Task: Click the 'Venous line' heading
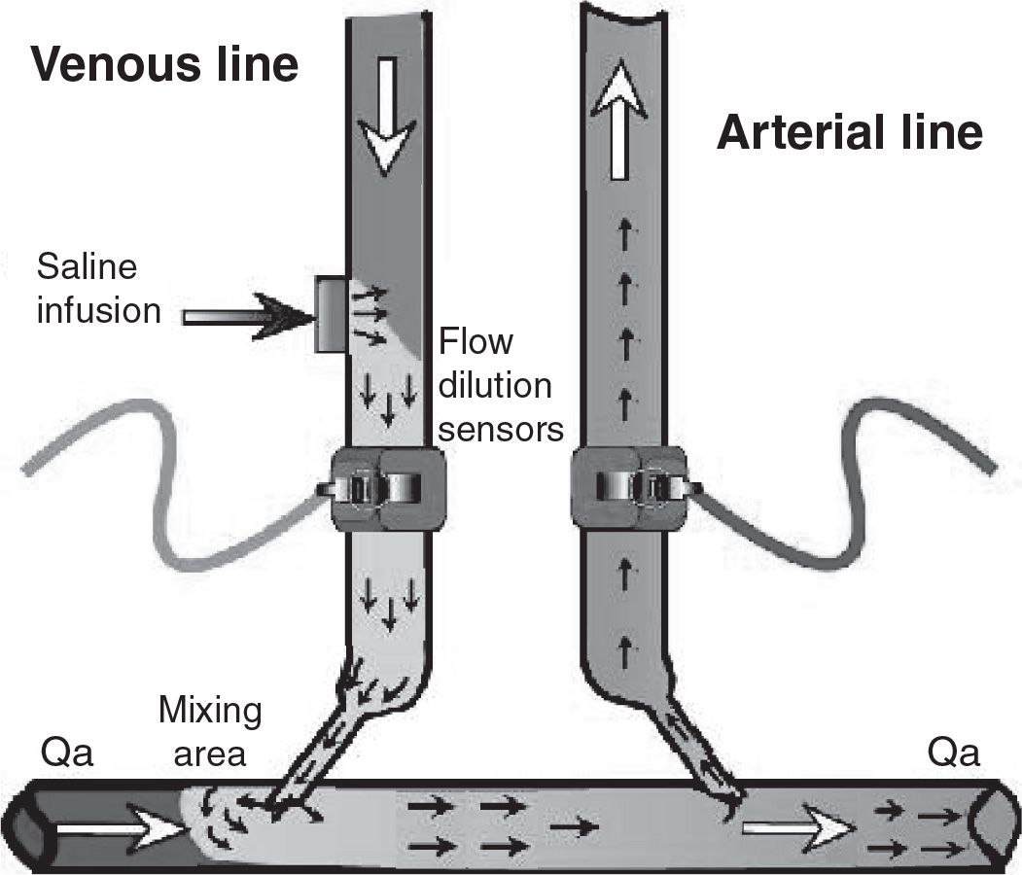click(x=164, y=65)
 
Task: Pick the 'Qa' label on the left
click(x=67, y=753)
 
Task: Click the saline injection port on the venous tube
click(x=331, y=314)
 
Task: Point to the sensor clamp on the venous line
click(x=382, y=489)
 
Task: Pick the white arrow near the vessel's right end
click(x=797, y=829)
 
